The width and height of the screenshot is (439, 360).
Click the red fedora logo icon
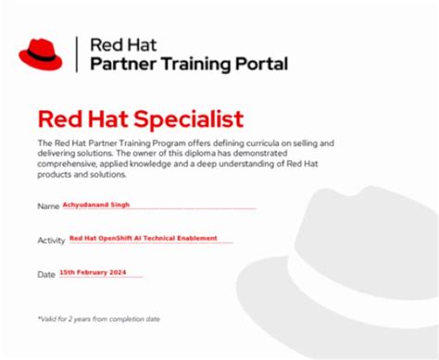[x=41, y=55]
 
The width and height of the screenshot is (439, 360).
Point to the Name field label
[x=48, y=205]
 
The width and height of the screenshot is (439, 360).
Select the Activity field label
[x=52, y=240]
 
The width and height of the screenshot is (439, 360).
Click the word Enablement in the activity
[x=197, y=238]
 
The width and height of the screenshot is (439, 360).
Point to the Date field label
[x=46, y=275]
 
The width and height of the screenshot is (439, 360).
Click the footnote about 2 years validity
[x=99, y=319]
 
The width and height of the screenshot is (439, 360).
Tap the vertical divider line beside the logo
[x=77, y=54]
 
